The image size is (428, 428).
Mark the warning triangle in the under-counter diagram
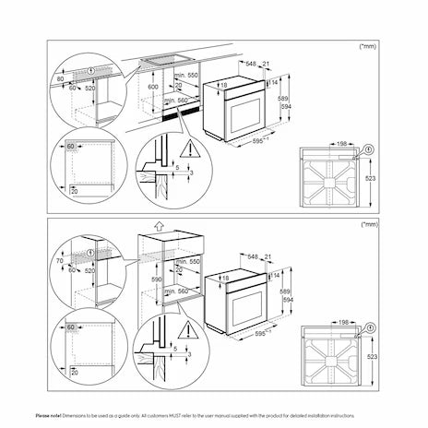tap(188, 149)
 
